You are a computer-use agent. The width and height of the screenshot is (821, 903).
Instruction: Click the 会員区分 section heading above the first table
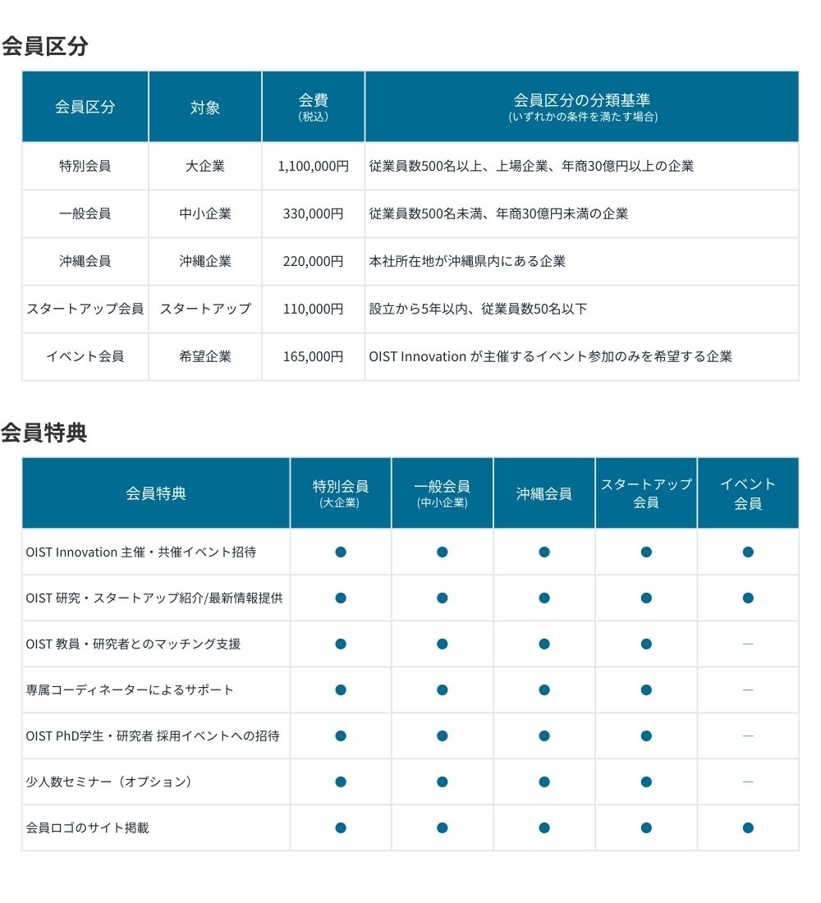[44, 46]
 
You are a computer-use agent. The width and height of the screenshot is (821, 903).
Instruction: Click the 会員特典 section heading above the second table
[44, 433]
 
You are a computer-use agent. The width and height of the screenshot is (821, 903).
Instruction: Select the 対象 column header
[205, 107]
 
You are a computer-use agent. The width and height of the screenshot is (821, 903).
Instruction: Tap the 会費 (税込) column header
[313, 107]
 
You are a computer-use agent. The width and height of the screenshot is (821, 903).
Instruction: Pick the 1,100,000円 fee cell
[313, 166]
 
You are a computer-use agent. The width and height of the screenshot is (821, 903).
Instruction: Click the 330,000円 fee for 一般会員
[313, 213]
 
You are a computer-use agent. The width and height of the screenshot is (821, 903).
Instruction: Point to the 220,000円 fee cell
[313, 261]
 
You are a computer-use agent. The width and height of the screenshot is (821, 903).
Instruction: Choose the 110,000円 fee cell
[313, 309]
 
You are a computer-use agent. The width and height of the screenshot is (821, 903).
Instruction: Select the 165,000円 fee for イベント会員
[313, 356]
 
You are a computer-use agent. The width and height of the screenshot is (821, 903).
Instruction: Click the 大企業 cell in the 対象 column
[205, 166]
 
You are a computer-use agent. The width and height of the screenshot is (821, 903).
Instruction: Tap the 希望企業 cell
[205, 356]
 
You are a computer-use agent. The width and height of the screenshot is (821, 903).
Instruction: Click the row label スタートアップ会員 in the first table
[85, 309]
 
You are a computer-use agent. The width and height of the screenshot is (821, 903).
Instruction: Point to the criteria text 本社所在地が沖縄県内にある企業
[467, 261]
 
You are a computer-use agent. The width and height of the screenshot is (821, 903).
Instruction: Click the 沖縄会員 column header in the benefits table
[544, 493]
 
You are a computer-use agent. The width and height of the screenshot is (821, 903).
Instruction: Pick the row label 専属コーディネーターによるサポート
[130, 690]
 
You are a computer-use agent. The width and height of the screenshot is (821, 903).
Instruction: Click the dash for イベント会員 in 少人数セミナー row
[748, 782]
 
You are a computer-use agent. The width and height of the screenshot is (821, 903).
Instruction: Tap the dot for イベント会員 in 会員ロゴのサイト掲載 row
[748, 827]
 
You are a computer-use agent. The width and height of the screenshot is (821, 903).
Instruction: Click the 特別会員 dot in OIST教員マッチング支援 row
[341, 644]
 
